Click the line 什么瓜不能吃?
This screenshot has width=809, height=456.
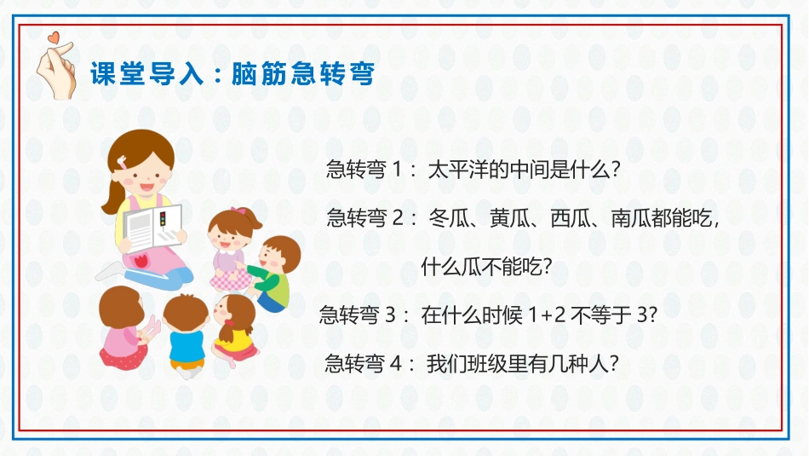tap(487, 267)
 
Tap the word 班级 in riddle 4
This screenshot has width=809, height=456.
tap(487, 364)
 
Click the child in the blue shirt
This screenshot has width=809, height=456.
tap(185, 332)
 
